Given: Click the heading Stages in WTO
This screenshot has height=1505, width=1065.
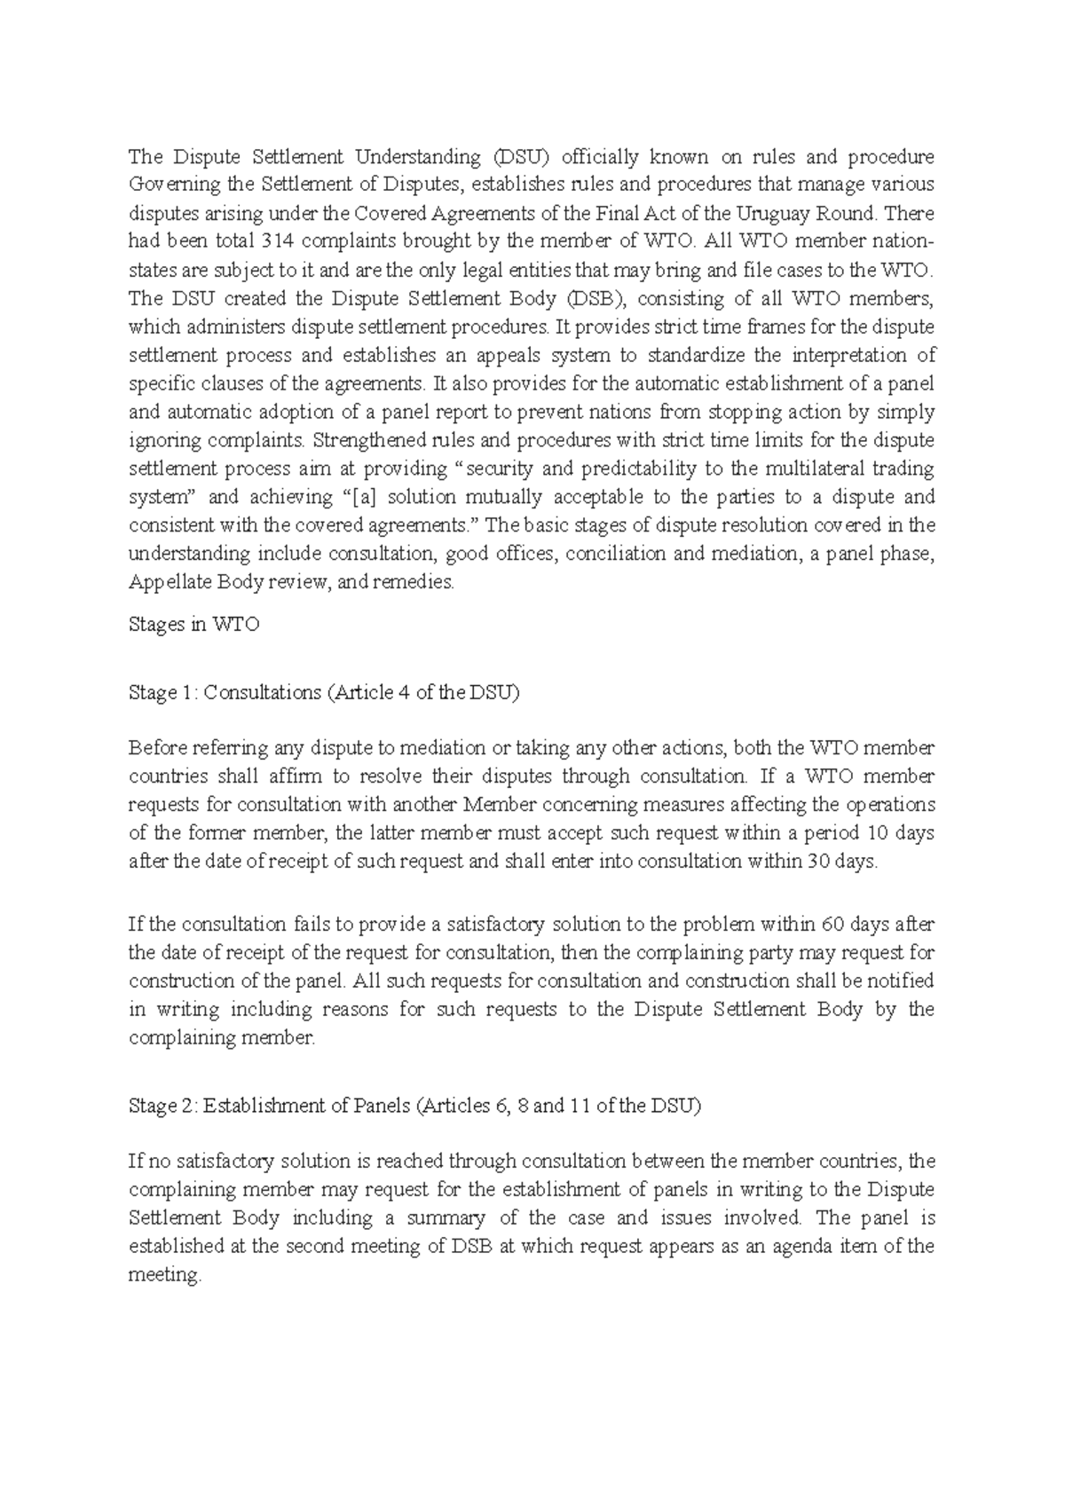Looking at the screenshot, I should coord(194,625).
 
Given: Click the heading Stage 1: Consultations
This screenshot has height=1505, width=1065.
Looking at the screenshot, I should coord(323,693).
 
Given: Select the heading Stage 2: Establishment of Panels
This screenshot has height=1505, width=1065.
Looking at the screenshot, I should coord(414,1106).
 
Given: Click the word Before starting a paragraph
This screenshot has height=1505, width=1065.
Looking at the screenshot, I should coord(157,748).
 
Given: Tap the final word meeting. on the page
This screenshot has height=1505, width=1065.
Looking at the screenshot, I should coord(165,1275).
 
